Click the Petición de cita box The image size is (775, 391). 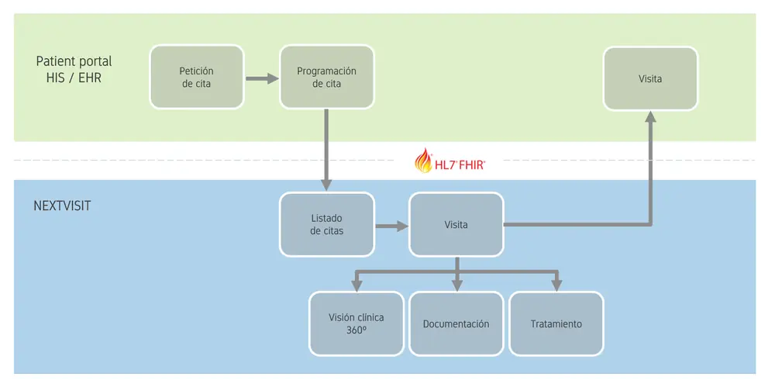tap(196, 77)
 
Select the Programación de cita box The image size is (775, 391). tap(326, 77)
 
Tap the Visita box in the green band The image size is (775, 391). tap(650, 78)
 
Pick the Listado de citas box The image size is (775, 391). tap(326, 225)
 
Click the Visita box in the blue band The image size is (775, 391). tap(456, 225)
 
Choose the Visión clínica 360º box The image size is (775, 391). tap(356, 324)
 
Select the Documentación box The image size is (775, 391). tap(456, 324)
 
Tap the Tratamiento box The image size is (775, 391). tap(556, 324)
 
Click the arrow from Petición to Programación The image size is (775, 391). tap(261, 78)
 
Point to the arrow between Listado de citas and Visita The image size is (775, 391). tap(391, 226)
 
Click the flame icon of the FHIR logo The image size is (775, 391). tap(424, 161)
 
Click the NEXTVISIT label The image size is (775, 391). tap(62, 207)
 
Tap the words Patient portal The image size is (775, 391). tap(74, 61)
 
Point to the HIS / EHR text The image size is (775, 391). tap(74, 78)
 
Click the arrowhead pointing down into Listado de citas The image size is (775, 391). tap(326, 185)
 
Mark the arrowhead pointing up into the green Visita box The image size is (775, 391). tap(650, 117)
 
